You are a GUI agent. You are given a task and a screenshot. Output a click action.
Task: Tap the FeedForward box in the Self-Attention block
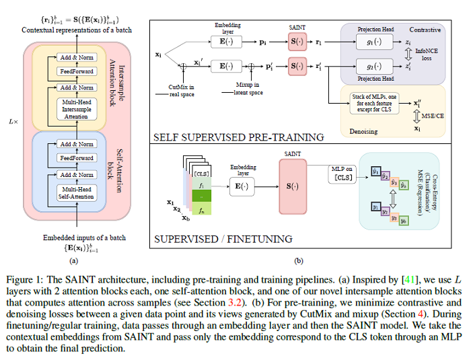pyautogui.click(x=75, y=159)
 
